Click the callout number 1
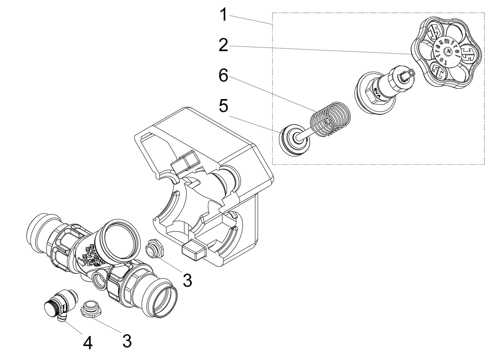pyautogui.click(x=224, y=15)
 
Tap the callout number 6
pyautogui.click(x=223, y=76)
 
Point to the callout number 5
pyautogui.click(x=223, y=106)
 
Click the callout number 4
pyautogui.click(x=88, y=343)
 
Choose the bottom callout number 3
pyautogui.click(x=126, y=341)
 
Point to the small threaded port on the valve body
pyautogui.click(x=99, y=279)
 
